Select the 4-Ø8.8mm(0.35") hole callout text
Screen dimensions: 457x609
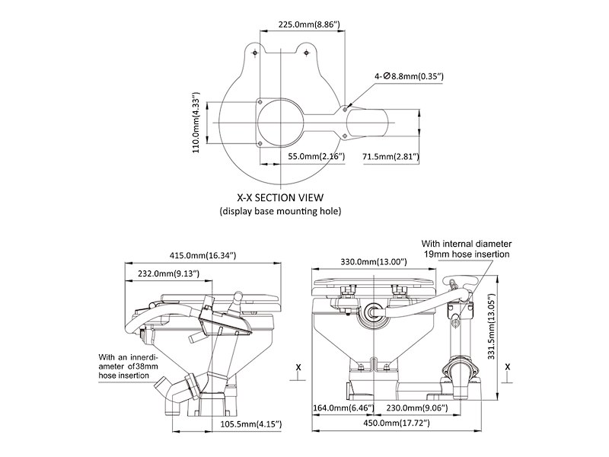pyautogui.click(x=409, y=77)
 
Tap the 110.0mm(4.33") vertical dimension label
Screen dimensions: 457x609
pyautogui.click(x=196, y=124)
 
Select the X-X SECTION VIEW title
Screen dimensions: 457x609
pyautogui.click(x=279, y=197)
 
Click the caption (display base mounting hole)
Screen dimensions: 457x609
pyautogui.click(x=280, y=210)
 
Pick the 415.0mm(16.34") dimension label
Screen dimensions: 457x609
pyautogui.click(x=202, y=255)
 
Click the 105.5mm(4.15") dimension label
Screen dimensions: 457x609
pyautogui.click(x=246, y=423)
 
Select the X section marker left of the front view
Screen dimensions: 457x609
pyautogui.click(x=298, y=366)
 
